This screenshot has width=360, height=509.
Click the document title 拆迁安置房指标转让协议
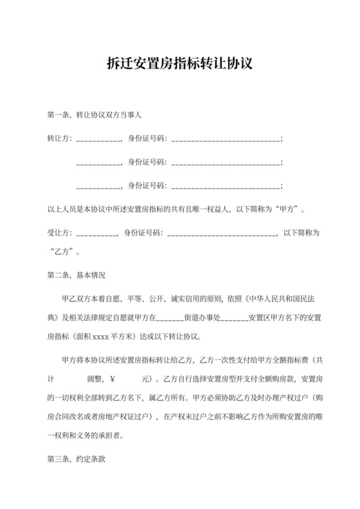(x=180, y=64)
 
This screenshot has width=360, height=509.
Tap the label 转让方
(x=59, y=139)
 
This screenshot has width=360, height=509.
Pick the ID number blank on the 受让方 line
(x=221, y=233)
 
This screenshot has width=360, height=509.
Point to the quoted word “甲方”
(x=286, y=209)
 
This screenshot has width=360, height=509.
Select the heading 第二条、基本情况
(x=76, y=275)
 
